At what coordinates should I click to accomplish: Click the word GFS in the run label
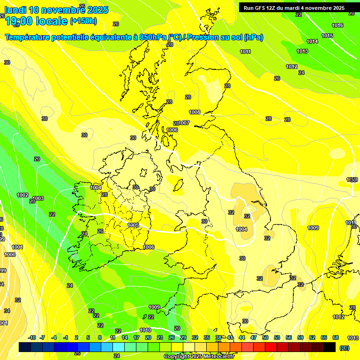pos(262,8)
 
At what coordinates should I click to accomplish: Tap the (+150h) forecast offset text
pos(83,21)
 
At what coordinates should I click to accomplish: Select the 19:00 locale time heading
pos(36,21)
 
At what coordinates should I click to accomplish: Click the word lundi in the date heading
pos(15,10)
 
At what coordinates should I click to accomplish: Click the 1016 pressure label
pos(337,25)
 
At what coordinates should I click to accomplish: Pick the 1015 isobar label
pos(327,36)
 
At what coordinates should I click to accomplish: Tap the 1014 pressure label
pos(312,42)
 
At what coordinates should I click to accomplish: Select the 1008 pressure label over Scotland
pos(195,112)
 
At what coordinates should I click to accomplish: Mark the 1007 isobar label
pos(184,123)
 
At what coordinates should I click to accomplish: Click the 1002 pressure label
pos(22,195)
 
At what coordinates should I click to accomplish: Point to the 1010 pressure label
pos(145,330)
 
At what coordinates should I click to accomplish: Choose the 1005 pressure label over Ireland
pos(134,225)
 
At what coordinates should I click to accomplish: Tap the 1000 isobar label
pos(10,255)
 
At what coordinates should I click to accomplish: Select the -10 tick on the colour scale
pos(32,337)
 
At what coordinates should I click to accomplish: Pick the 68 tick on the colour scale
pos(336,337)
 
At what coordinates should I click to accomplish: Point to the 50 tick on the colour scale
pos(265,337)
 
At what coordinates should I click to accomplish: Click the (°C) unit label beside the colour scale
pos(345,347)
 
